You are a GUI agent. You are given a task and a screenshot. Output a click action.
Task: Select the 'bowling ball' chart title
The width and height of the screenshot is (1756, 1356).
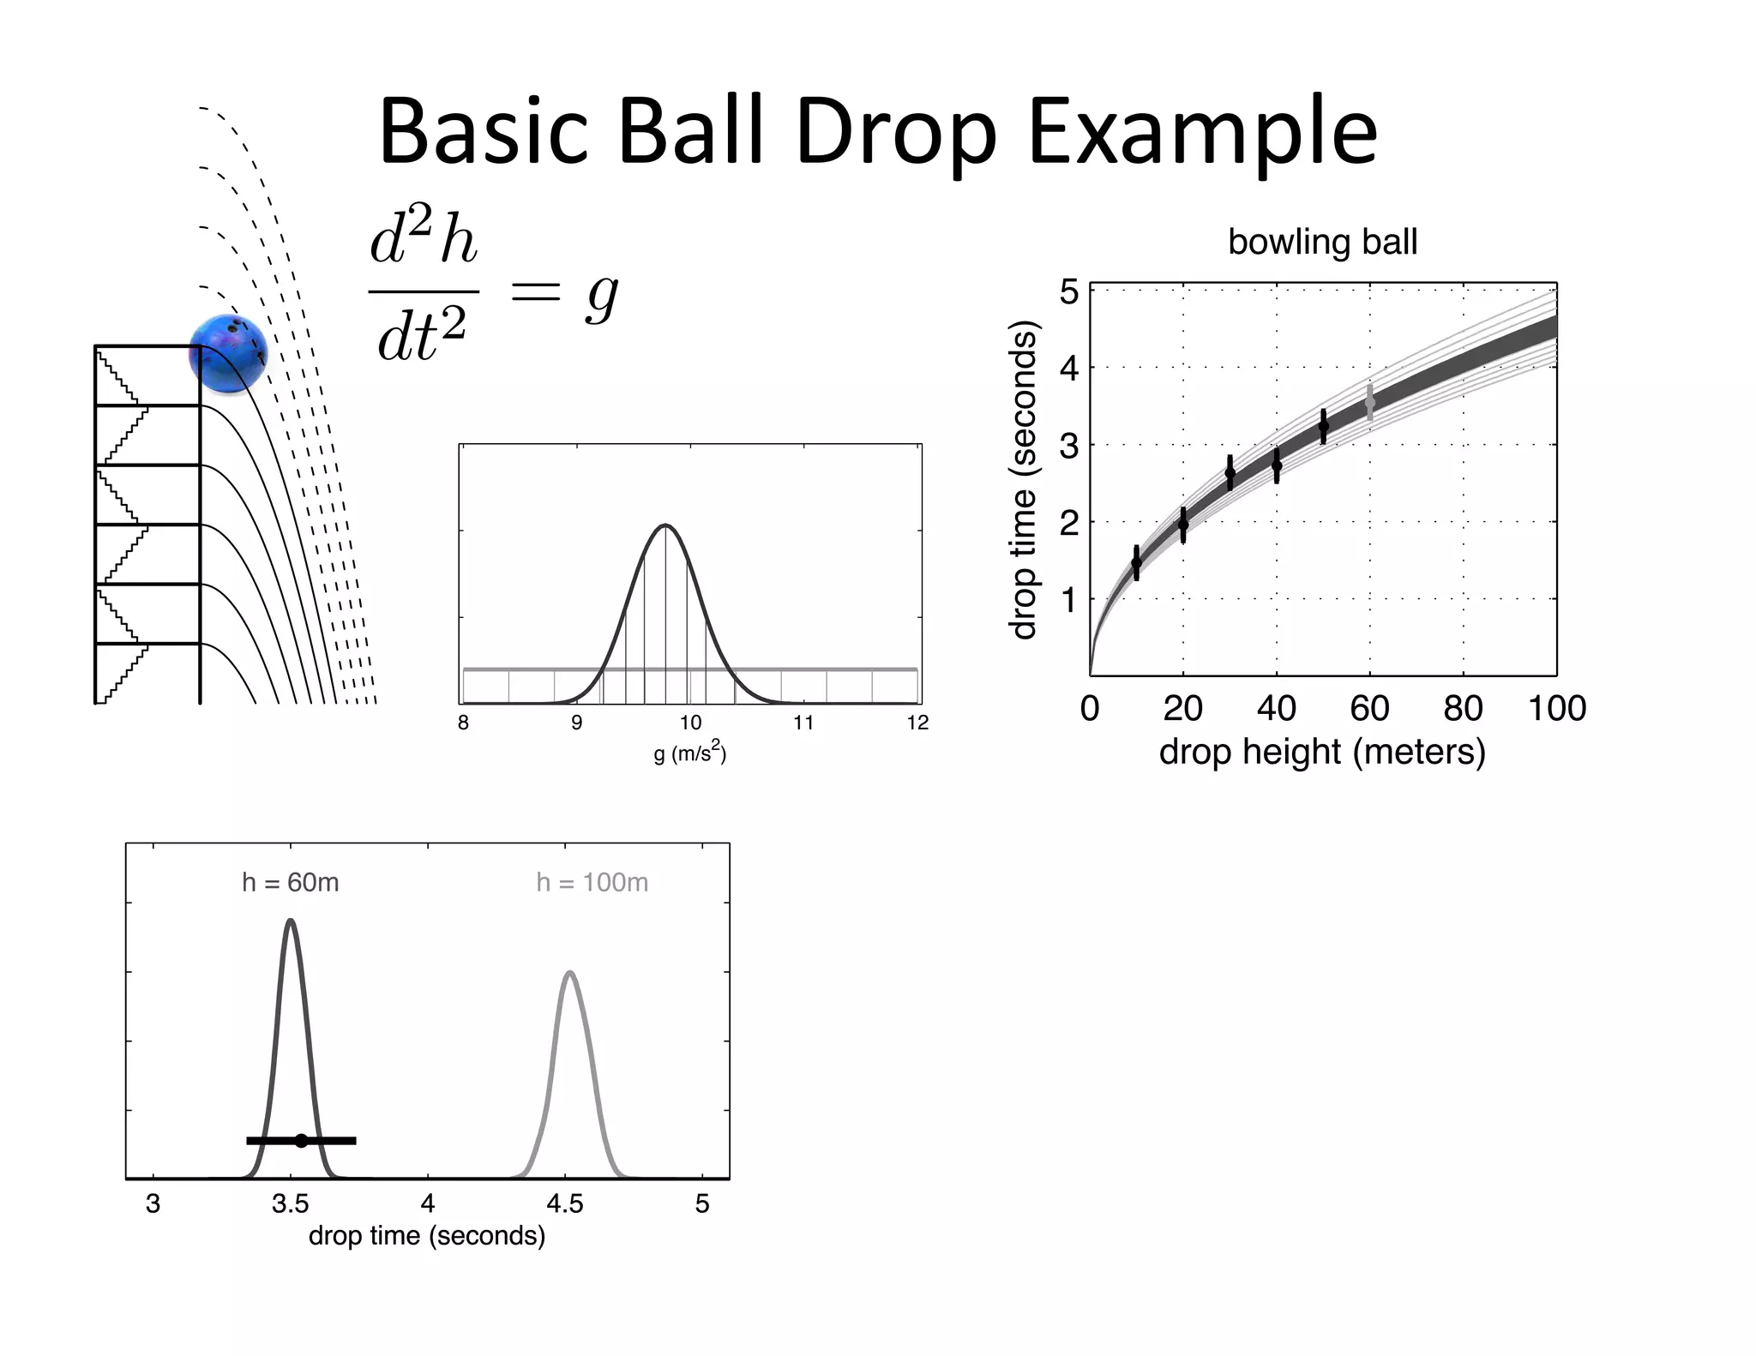[1322, 242]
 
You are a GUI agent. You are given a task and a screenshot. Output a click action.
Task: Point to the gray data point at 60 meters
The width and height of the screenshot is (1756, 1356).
[1369, 402]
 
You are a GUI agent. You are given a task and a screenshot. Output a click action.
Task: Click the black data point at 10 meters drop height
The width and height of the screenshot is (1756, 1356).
[1137, 563]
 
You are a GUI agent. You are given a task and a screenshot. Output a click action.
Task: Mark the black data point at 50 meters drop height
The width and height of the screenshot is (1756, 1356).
[1323, 426]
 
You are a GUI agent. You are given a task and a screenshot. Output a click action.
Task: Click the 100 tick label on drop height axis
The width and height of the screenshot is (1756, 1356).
[1556, 709]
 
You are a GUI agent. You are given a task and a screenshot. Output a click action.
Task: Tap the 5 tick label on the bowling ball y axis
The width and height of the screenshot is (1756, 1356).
[1069, 292]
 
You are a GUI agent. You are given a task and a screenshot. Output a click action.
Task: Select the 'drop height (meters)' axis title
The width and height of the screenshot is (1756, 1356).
[1322, 752]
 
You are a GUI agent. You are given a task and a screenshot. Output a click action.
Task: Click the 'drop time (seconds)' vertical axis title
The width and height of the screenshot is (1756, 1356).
[1025, 480]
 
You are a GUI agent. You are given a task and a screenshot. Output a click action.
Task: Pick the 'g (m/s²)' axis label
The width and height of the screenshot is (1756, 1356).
[690, 753]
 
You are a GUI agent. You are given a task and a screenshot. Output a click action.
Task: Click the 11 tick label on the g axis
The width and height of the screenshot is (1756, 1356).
[803, 723]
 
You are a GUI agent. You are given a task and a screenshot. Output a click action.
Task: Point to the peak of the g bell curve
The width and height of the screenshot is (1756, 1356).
[665, 525]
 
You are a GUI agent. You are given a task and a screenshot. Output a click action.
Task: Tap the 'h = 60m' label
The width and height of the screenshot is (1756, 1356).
[291, 882]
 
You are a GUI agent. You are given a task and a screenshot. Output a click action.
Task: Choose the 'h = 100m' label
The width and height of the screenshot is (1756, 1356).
[592, 882]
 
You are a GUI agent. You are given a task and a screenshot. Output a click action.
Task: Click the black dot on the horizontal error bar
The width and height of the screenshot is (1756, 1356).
[301, 1140]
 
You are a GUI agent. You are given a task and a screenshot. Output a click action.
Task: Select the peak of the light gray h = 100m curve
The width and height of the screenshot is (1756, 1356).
[570, 973]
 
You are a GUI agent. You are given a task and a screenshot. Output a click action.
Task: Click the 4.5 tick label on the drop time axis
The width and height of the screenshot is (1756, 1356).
[565, 1204]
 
